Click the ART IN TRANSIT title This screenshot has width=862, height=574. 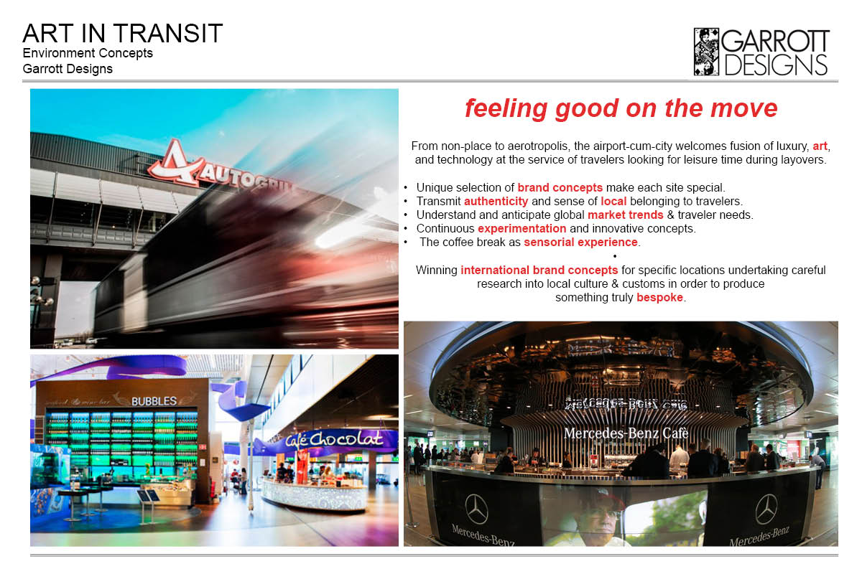122,33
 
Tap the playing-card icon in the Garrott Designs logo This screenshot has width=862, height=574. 706,52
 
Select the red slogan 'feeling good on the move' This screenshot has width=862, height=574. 621,109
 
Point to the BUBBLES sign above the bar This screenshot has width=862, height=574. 154,401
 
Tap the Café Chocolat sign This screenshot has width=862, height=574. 334,439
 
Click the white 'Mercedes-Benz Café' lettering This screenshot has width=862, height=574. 626,433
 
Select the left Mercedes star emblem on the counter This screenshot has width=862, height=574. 476,509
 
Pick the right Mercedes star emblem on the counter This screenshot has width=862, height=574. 766,509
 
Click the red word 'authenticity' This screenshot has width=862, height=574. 496,201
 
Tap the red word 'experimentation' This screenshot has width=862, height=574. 522,228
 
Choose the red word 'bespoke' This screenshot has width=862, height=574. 659,297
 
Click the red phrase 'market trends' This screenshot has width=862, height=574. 626,215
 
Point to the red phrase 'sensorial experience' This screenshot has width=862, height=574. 580,242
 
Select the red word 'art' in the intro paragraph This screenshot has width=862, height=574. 820,146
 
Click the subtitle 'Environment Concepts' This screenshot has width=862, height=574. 88,53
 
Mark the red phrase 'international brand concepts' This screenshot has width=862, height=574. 539,270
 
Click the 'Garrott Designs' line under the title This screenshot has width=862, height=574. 68,69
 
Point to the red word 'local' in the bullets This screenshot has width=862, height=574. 613,201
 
